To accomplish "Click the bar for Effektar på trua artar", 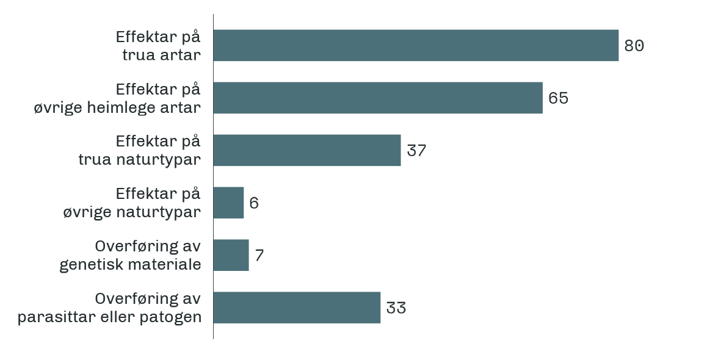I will (x=416, y=45).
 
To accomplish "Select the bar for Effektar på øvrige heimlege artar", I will (x=378, y=98).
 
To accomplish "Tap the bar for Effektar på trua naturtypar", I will (x=307, y=150).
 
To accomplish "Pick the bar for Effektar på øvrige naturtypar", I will (x=229, y=203).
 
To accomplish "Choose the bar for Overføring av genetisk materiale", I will (x=231, y=255).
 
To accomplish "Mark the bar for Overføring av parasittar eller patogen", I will (x=297, y=308).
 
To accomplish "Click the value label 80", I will (x=634, y=46).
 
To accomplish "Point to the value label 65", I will (x=558, y=98).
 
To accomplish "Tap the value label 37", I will (x=416, y=151).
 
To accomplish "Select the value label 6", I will (x=254, y=203).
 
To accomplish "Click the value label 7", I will (x=259, y=256).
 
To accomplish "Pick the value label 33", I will (x=396, y=308).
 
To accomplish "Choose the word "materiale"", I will (x=167, y=265).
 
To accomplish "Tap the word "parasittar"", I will (x=55, y=318).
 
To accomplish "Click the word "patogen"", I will (x=176, y=318).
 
